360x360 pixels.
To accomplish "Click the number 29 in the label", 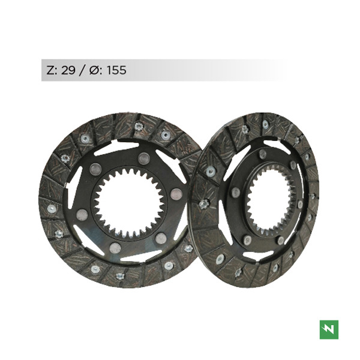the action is coord(68,70).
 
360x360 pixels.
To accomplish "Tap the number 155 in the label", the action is coord(116,70).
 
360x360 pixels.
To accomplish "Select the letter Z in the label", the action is coord(51,70).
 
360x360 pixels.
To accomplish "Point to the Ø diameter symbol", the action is coord(94,70).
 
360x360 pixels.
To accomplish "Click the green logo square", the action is coord(329,329).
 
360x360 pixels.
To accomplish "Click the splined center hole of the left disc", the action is coord(129,203).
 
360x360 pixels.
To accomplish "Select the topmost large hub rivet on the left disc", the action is coord(144,158).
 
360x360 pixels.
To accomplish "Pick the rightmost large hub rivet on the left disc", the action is coord(176,194).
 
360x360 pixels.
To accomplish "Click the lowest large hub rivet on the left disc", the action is coord(115,248).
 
